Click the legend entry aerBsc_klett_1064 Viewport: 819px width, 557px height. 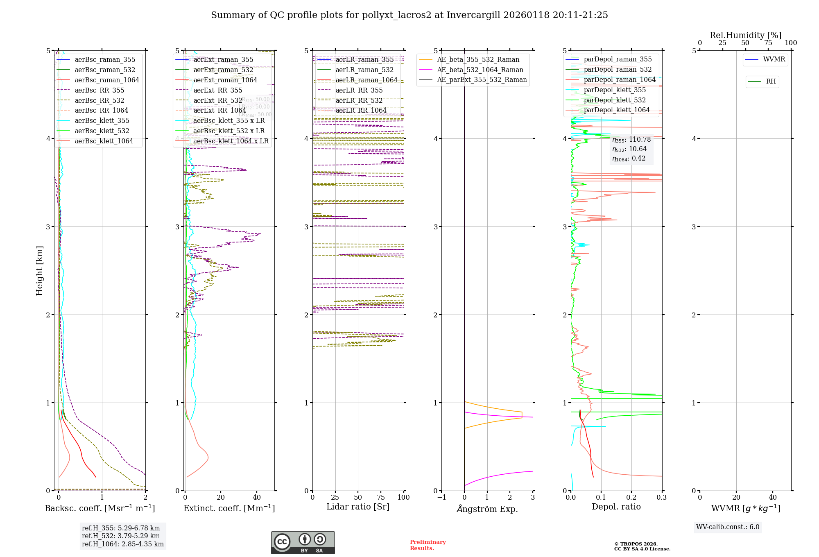pos(104,141)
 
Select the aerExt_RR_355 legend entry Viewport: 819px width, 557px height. pos(217,90)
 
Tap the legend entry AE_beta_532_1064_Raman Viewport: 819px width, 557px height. pos(480,70)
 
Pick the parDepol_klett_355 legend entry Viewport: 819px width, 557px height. pos(614,90)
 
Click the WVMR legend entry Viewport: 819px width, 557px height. pos(774,59)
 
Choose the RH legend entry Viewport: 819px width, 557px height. pos(771,82)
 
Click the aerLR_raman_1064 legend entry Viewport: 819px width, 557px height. pos(366,80)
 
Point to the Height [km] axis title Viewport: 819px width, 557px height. pos(39,270)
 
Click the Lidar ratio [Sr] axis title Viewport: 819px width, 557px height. pos(357,507)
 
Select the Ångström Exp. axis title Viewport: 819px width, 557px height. pos(487,509)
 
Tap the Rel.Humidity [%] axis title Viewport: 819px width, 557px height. pos(745,35)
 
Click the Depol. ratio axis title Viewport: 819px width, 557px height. pos(616,507)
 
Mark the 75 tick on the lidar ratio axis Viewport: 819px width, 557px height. pos(381,497)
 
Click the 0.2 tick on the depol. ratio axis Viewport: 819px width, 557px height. pos(631,497)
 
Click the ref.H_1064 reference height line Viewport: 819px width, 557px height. pos(122,544)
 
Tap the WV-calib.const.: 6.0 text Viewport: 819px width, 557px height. pos(728,527)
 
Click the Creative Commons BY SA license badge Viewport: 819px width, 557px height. pos(303,542)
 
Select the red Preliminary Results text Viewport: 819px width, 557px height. pos(428,545)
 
